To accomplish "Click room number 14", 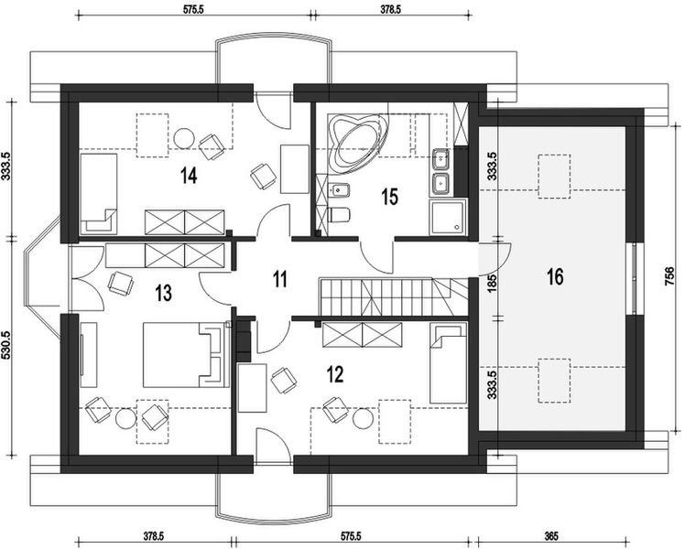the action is coord(189,176).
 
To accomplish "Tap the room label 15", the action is coord(390,197).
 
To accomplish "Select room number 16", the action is coord(555,276).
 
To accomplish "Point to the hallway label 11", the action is coord(280,279).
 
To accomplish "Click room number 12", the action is coord(335,374).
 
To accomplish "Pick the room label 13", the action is coord(163,294).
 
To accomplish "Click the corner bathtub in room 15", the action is coord(357,142).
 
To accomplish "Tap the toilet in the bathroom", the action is coord(339,215).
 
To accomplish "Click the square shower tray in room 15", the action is coord(448,217).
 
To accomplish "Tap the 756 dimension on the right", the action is coord(669,277).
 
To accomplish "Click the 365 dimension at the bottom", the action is coord(551,536).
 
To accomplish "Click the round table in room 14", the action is coord(183,138).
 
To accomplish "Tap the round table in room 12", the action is coord(362,418).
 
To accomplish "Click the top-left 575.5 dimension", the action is coord(193,9).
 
